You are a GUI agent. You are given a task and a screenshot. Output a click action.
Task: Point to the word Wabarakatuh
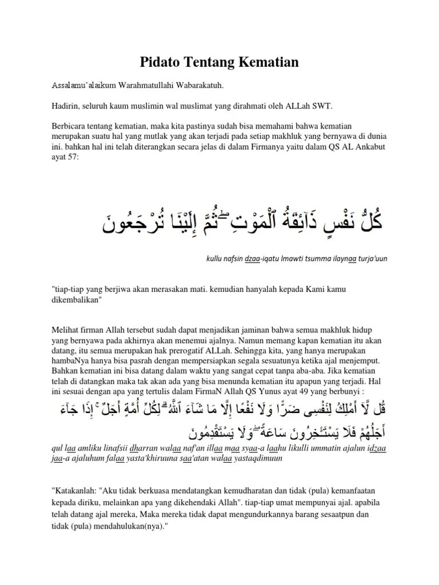pyautogui.click(x=199, y=86)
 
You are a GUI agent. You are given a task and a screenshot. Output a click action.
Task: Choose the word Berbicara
pyautogui.click(x=70, y=126)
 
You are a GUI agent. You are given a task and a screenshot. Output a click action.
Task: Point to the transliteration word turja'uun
pyautogui.click(x=372, y=259)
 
